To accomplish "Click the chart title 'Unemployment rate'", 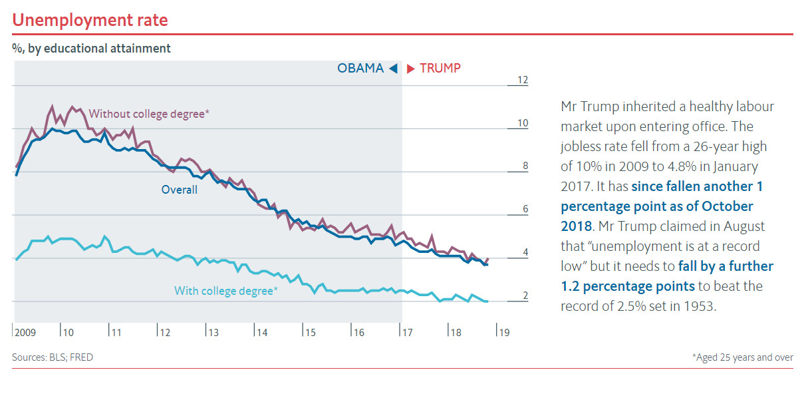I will (x=90, y=20).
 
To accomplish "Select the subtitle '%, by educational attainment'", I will (x=91, y=49).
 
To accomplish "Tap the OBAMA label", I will (x=360, y=68).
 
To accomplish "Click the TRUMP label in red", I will (x=440, y=68).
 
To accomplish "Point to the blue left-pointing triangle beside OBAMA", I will (x=393, y=68).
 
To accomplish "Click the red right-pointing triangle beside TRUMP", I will (x=411, y=68).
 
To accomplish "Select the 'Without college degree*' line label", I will (x=149, y=114).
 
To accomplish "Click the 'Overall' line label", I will (x=180, y=190).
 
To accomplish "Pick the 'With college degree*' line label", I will (x=226, y=291).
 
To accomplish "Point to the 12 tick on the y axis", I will (x=523, y=81).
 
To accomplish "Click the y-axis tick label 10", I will (x=523, y=124).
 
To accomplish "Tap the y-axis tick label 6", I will (x=524, y=210).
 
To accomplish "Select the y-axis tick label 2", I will (x=524, y=296).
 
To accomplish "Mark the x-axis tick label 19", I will (x=504, y=332).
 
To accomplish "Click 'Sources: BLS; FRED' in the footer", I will (x=53, y=357).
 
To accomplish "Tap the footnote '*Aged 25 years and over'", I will (x=743, y=357).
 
